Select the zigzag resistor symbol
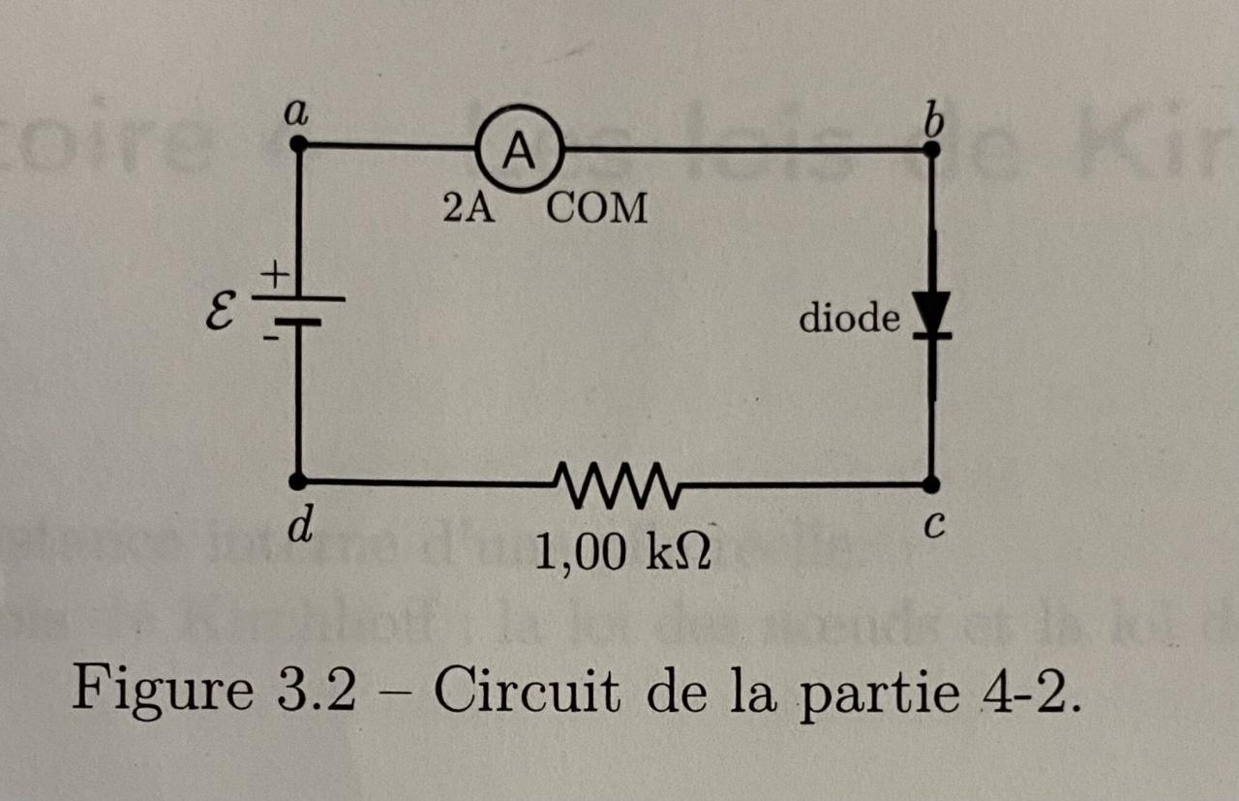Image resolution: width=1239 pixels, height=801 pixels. point(618,481)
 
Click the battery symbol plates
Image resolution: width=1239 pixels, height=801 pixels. point(299,308)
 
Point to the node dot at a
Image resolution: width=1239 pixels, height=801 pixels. point(299,145)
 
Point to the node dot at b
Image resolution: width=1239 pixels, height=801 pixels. point(931,150)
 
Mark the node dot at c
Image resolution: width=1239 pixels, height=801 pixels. point(931,483)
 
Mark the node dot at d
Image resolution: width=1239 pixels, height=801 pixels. point(299,480)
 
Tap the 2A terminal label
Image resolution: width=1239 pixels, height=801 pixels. point(468,207)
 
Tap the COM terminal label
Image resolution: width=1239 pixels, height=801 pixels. point(597,208)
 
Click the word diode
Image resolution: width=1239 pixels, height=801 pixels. point(849,318)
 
